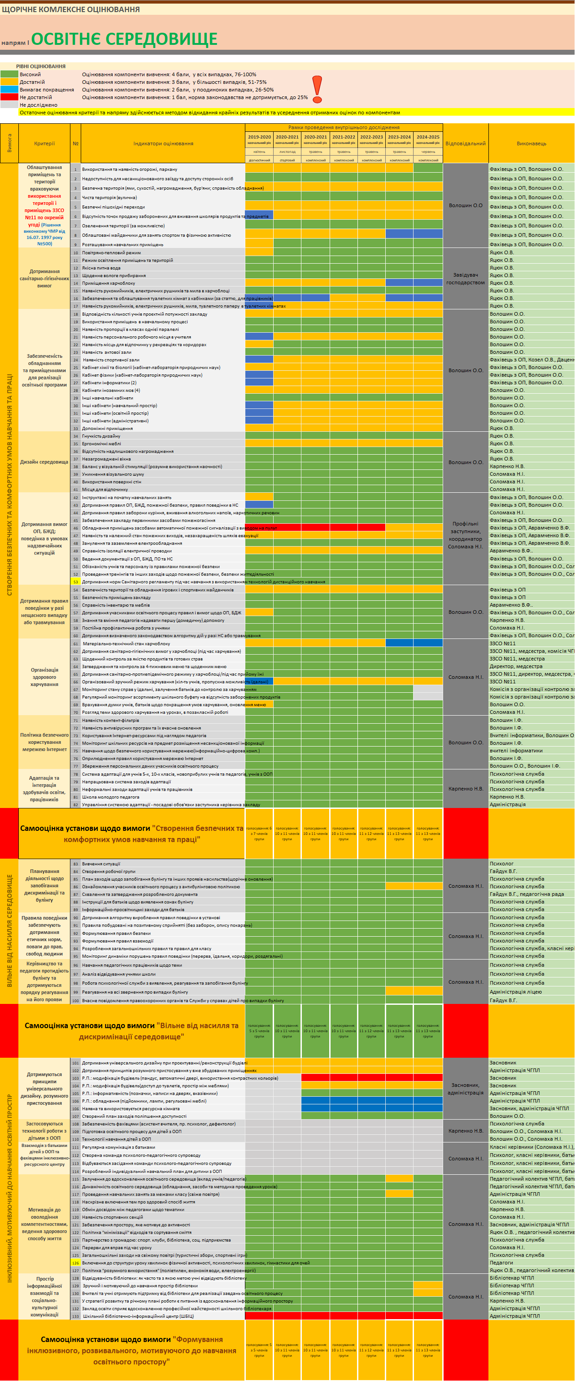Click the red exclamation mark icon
coord(317,89)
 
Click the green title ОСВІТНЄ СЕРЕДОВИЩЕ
coord(124,39)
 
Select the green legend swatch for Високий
coord(9,74)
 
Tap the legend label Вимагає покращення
coord(47,90)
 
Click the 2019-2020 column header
coord(259,137)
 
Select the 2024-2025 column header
coord(427,137)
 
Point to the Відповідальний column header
coord(465,143)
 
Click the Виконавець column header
coord(531,143)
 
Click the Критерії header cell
coord(44,143)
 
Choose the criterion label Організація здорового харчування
coord(44,677)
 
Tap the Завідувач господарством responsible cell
coord(465,279)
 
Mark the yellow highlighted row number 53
coord(76,582)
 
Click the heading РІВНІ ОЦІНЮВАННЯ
coord(41,66)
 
